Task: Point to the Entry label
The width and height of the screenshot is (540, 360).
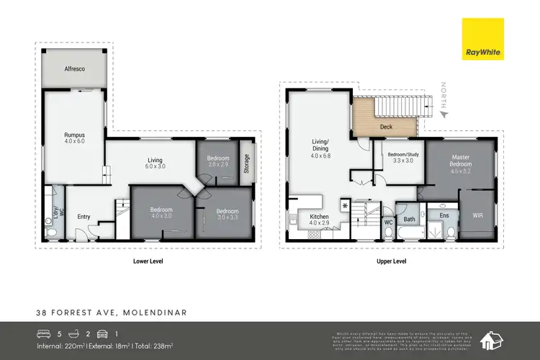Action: click(x=84, y=216)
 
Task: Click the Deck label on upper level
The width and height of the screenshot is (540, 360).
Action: click(x=386, y=128)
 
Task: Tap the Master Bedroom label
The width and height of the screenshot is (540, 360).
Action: click(x=461, y=161)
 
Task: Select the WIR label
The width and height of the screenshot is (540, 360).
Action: click(x=478, y=215)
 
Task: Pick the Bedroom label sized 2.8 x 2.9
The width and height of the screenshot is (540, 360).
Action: click(x=217, y=161)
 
